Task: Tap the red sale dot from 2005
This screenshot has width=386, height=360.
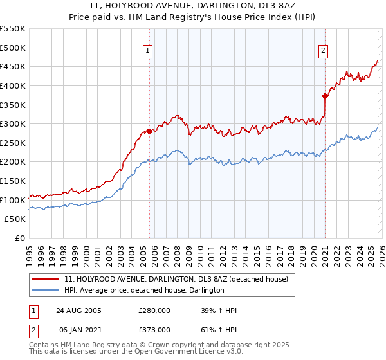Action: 149,131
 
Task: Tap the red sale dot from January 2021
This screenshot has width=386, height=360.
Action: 326,96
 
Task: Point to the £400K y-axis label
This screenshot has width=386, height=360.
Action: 13,85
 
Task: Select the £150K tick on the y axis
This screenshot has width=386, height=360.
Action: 13,181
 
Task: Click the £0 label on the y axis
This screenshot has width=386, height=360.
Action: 20,239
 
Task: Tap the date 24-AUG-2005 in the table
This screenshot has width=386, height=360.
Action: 78,310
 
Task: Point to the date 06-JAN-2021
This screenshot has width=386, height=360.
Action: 78,330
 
